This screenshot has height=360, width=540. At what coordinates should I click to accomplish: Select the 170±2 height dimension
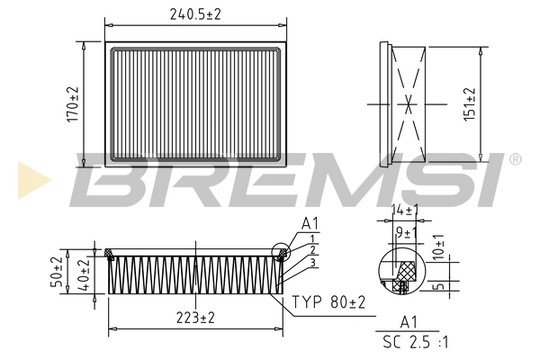tap(74, 104)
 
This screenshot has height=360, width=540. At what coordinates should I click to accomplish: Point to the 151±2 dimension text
tap(494, 103)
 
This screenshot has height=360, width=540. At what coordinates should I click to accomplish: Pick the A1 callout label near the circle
tap(310, 222)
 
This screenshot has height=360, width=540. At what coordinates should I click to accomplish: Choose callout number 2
tap(310, 250)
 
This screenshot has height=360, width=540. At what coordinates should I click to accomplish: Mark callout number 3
tap(310, 263)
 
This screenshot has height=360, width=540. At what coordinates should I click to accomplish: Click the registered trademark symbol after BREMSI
tap(514, 159)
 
